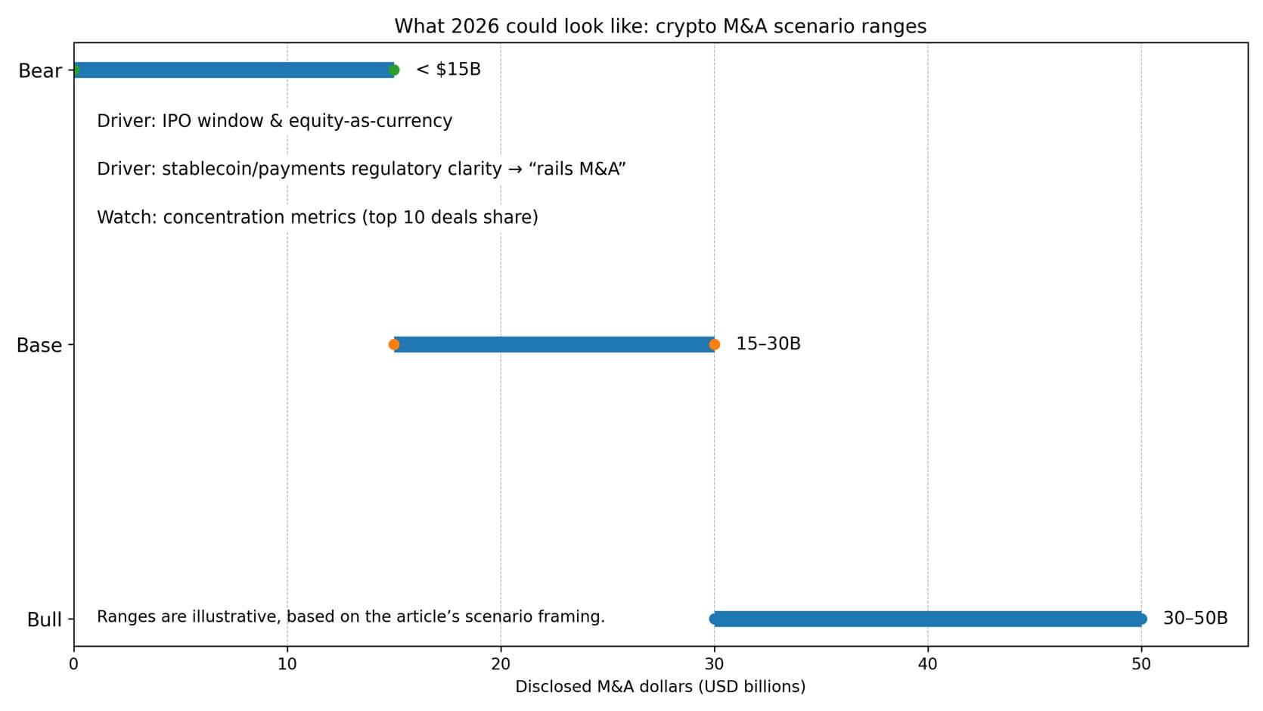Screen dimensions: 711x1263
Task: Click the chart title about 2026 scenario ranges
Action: point(660,26)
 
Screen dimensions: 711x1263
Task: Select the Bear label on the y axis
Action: point(40,71)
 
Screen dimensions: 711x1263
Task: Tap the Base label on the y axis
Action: point(39,346)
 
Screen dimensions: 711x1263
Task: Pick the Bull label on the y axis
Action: point(44,620)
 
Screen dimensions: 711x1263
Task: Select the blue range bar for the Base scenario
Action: point(554,345)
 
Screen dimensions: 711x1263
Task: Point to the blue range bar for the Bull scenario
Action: point(927,619)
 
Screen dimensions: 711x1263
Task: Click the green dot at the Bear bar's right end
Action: point(393,70)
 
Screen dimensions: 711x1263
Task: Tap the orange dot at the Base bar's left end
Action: point(393,345)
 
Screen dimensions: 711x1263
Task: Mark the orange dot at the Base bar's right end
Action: point(714,345)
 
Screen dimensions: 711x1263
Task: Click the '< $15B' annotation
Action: point(448,70)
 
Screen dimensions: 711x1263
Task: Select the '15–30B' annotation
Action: point(768,344)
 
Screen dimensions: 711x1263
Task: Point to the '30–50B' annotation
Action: point(1195,619)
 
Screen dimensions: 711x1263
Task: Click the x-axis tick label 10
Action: point(287,664)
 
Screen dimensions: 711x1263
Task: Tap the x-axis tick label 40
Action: point(927,664)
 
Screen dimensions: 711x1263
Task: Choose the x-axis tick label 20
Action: point(500,664)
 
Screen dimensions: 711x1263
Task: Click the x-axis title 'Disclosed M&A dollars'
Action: point(660,687)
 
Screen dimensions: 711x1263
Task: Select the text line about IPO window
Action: point(275,121)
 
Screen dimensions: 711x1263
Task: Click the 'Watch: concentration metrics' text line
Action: point(318,218)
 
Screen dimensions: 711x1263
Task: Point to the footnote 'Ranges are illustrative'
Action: point(351,617)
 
